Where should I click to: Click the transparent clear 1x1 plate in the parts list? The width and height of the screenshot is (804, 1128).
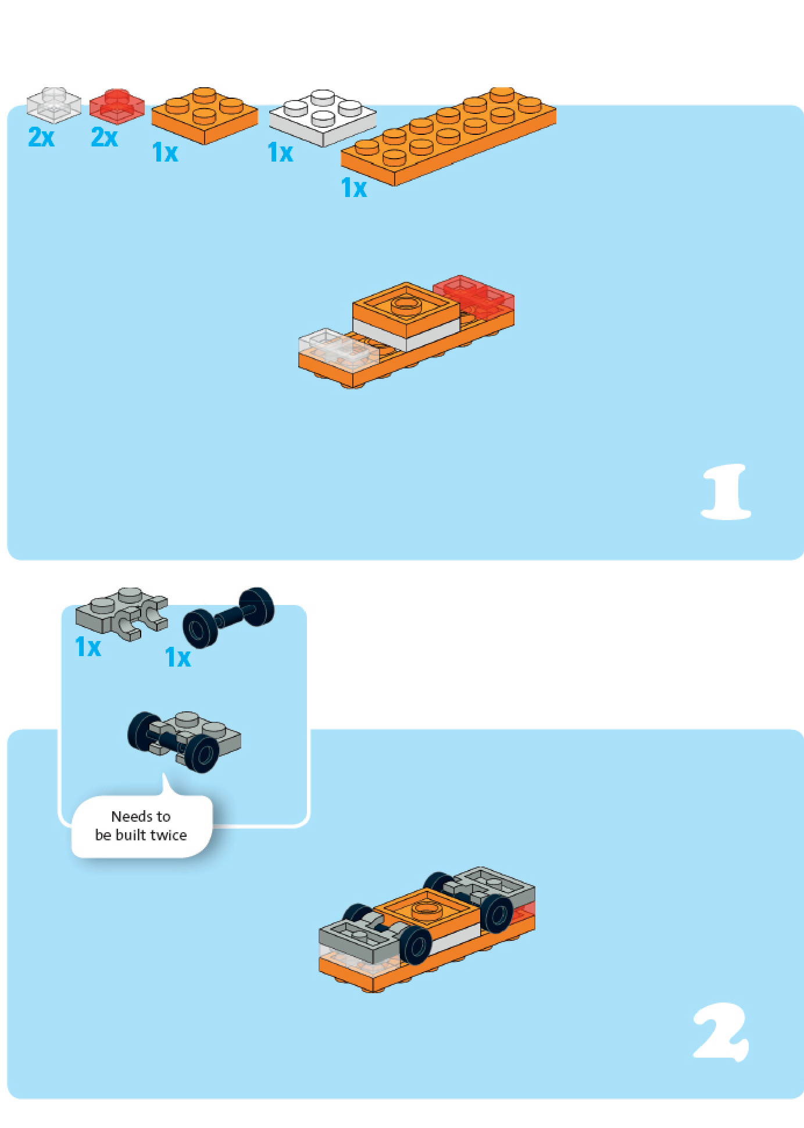[x=53, y=105]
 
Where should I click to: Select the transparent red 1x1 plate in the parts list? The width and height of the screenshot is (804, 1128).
[x=117, y=106]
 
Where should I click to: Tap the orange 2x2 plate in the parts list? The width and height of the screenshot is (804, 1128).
[x=204, y=115]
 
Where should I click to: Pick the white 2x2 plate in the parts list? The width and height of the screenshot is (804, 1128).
[x=323, y=118]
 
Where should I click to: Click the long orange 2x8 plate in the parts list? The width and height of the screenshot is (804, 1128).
[x=448, y=136]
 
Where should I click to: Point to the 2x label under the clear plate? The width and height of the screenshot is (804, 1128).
[x=41, y=138]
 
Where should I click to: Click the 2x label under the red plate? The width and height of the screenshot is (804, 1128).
[x=105, y=138]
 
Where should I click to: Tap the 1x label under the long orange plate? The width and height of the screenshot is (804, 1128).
[x=354, y=188]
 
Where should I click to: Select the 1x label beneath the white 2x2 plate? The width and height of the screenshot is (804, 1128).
[x=280, y=153]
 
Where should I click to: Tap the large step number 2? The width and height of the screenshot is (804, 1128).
[x=721, y=1032]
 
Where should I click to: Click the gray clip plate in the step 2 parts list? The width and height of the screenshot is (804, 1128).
[x=122, y=614]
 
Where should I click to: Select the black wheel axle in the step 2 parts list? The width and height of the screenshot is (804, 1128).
[x=228, y=618]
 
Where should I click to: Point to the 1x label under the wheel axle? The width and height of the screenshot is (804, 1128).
[x=178, y=658]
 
